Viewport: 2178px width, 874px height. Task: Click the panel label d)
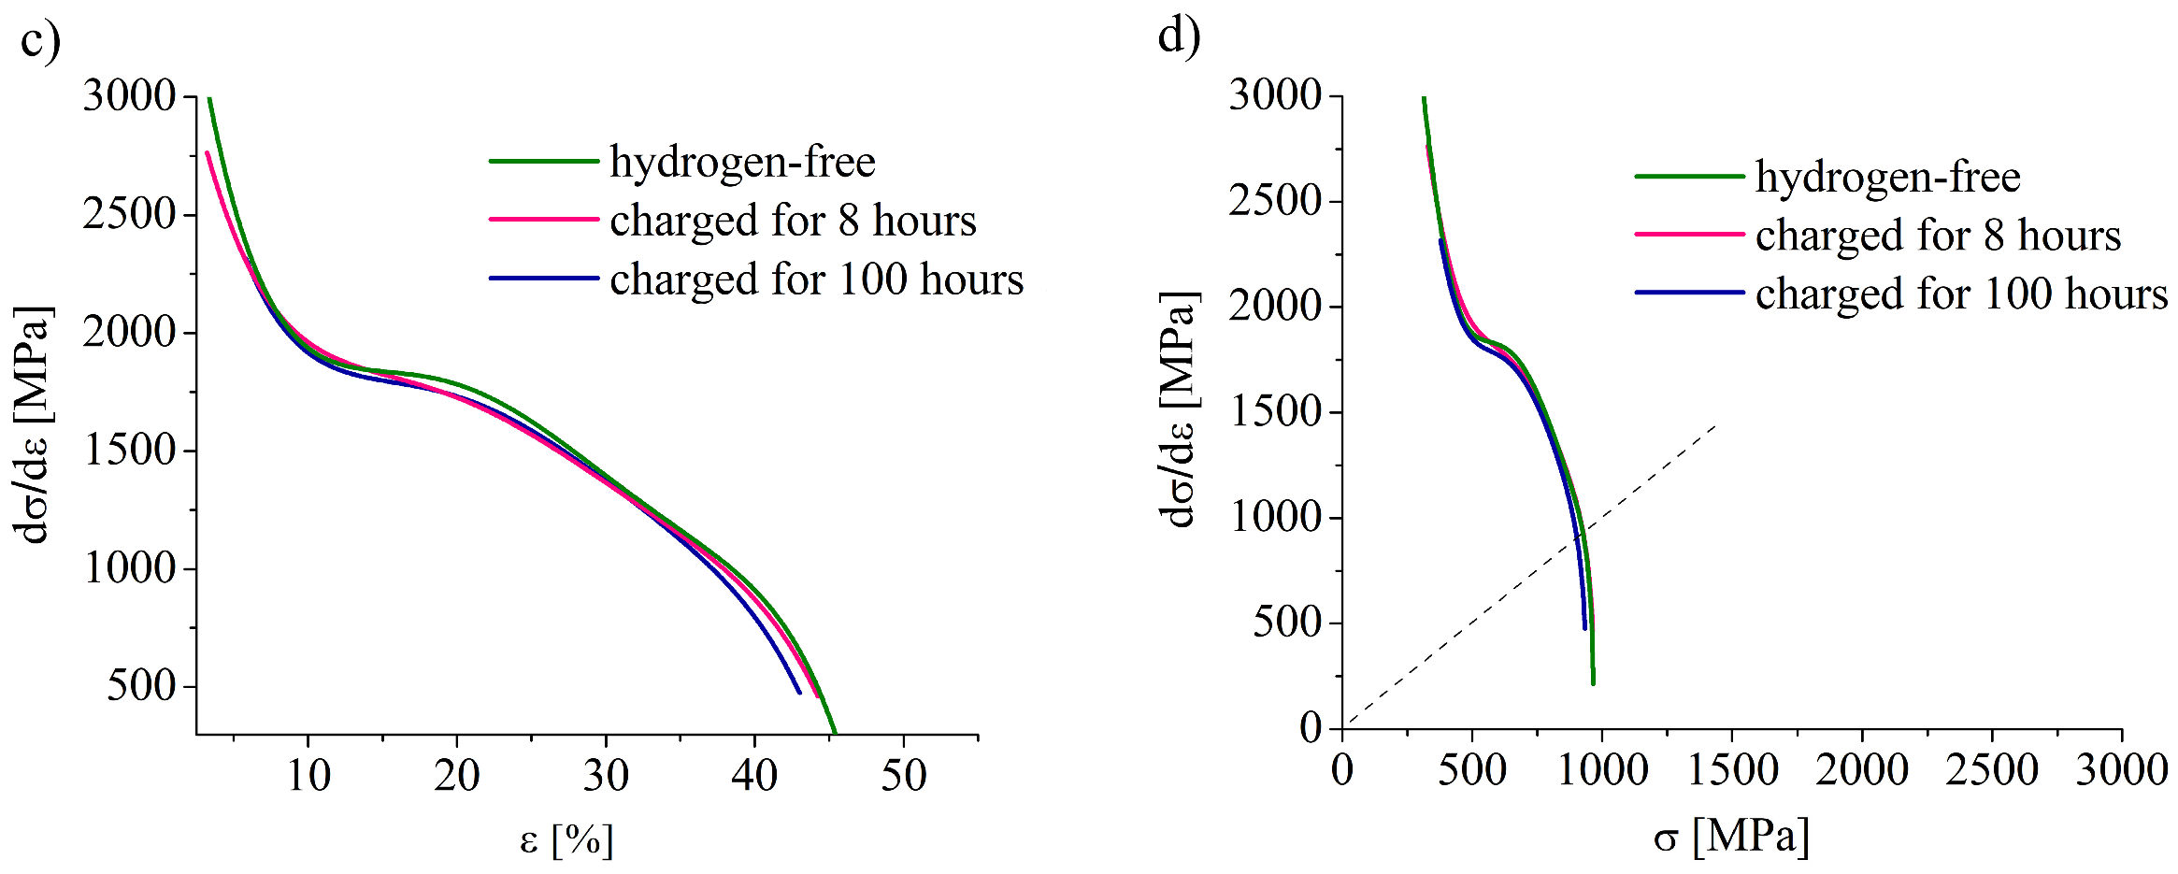tap(1179, 37)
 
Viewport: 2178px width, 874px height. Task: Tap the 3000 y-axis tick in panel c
tap(129, 96)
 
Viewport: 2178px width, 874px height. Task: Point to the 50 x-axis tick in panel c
tap(903, 776)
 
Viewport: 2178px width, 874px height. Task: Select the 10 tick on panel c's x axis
tap(308, 776)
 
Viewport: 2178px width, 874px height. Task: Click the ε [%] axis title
tap(566, 839)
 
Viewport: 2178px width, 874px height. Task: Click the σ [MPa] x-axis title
tap(1731, 836)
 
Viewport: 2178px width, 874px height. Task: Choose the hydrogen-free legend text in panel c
tap(742, 163)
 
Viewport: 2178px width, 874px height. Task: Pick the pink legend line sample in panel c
tap(543, 220)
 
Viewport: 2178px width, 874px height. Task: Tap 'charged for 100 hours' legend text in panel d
tap(1961, 294)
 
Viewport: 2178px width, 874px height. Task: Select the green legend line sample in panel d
tap(1689, 177)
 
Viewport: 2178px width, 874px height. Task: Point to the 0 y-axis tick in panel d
tap(1311, 728)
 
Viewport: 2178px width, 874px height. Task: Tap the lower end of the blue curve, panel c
tap(799, 692)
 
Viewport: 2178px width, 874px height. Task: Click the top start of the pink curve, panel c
tap(208, 153)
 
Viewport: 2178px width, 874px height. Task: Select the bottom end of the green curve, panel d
tap(1593, 683)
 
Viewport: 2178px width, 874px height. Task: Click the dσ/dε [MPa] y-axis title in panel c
tap(34, 425)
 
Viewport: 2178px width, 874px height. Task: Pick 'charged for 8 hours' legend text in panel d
tap(1938, 236)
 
